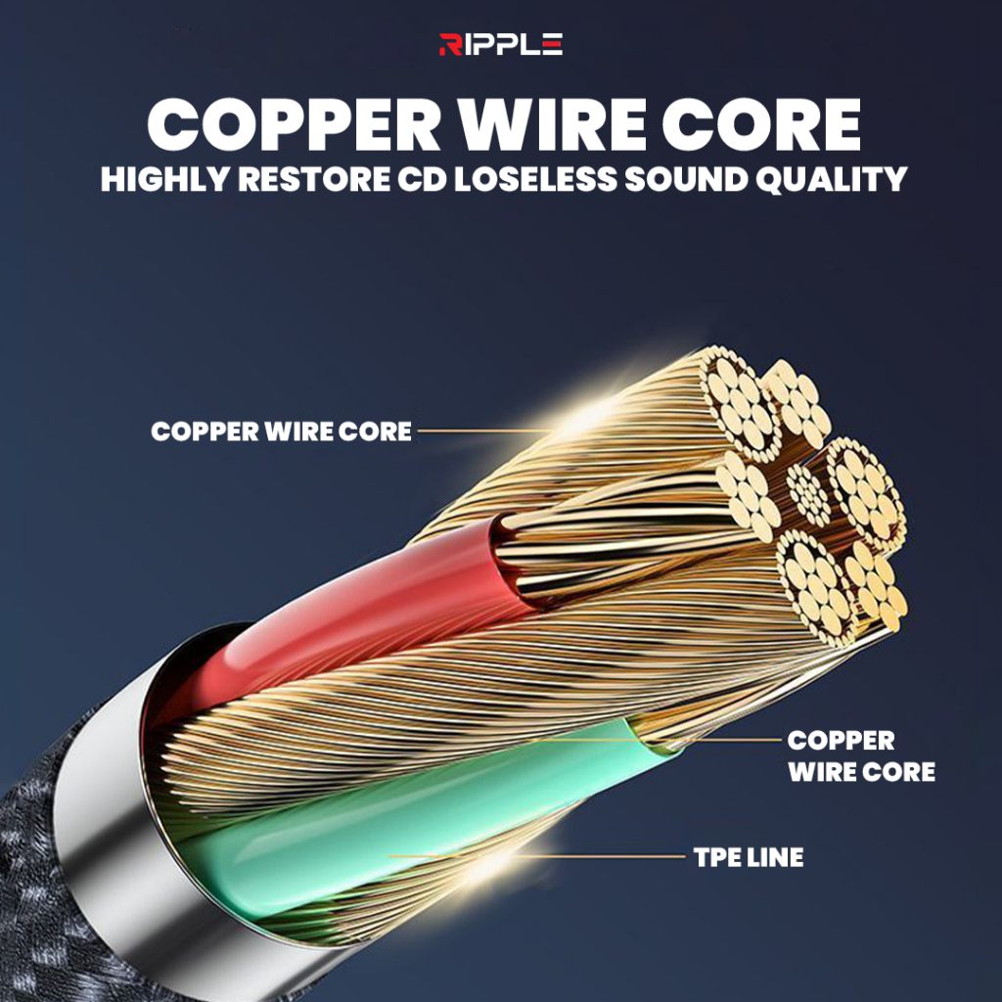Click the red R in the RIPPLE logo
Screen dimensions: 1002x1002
450,44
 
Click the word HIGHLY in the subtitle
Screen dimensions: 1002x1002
164,180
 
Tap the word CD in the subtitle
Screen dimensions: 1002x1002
422,180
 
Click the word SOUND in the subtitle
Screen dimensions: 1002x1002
686,180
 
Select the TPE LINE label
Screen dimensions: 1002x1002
749,857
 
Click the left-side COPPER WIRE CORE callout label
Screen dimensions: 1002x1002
281,432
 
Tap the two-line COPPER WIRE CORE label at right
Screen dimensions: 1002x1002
861,756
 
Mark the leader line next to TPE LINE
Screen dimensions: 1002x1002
537,856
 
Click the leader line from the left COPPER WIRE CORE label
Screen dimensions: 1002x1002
483,431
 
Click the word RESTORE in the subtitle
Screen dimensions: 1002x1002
314,180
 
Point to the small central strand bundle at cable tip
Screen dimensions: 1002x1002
807,494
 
